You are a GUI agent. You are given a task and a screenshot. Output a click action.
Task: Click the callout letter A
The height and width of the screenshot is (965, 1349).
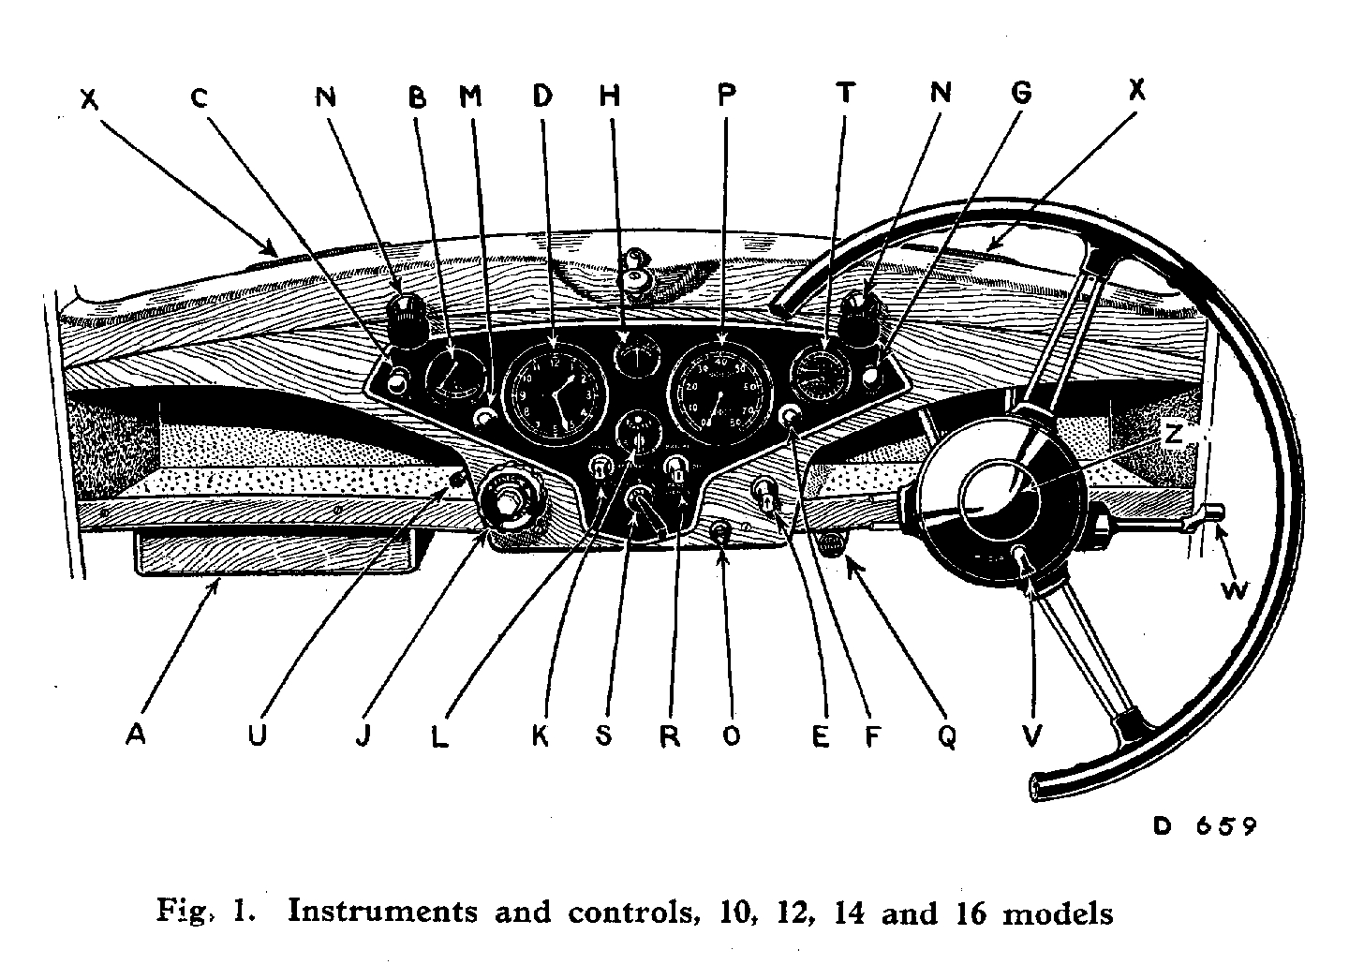(x=137, y=735)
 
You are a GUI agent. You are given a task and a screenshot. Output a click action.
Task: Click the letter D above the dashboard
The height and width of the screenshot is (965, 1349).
(x=542, y=95)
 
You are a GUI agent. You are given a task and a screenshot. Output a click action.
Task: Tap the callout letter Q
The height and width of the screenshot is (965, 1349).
(x=947, y=737)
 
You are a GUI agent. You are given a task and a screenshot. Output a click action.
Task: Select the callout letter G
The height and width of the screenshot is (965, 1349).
(x=1022, y=93)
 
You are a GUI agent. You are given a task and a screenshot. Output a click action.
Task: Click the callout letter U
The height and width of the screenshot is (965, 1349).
(x=258, y=735)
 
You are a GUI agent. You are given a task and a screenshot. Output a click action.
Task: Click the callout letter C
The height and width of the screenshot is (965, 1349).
(x=199, y=96)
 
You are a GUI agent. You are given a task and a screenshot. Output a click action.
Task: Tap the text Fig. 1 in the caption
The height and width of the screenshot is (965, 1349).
(x=196, y=912)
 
